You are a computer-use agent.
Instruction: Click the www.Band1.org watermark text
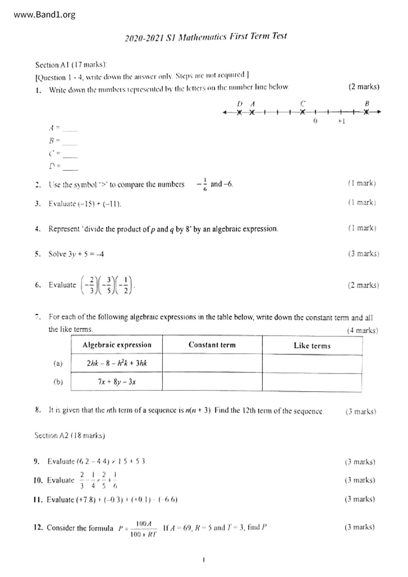coord(45,15)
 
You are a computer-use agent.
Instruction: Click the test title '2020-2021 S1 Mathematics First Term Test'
coord(206,37)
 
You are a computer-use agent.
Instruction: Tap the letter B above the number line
coord(367,103)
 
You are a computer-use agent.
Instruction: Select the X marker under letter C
coord(303,112)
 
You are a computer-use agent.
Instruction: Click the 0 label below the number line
coord(315,121)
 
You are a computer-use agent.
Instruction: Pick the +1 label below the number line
coord(341,121)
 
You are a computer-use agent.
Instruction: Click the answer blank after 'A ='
coord(70,129)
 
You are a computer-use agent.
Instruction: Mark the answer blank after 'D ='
coord(70,167)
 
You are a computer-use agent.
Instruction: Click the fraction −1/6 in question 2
coord(203,184)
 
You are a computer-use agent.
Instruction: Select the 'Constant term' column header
coord(212,345)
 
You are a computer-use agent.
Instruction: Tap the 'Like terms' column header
coord(312,345)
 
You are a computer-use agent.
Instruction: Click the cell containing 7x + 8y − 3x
coord(117,382)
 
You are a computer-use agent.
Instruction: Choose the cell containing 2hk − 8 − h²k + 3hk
coord(117,363)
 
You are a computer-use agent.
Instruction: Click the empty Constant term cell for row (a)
coord(212,363)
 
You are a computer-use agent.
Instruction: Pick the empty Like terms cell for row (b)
coord(312,382)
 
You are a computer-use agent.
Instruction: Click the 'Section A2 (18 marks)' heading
coord(70,436)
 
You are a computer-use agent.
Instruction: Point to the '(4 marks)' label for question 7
coord(362,330)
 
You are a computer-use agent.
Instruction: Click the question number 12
coord(38,528)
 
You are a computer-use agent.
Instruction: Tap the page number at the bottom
coord(204,559)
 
